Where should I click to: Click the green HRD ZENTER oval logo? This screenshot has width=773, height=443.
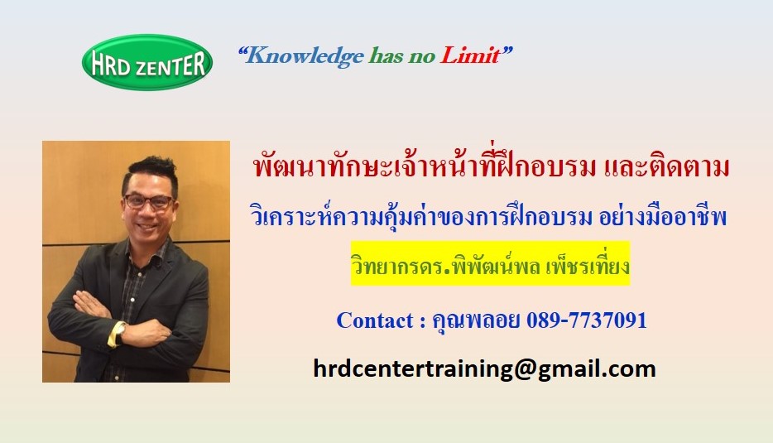coord(147,62)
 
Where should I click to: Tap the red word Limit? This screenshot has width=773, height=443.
coord(470,55)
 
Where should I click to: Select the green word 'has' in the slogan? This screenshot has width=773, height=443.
coord(386,55)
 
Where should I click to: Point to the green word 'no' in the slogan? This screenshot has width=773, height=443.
coord(421,58)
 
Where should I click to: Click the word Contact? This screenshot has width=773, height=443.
coord(375,320)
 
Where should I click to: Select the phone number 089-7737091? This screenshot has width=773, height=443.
coord(587,320)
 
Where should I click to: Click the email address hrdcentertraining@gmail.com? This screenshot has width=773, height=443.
coord(485,369)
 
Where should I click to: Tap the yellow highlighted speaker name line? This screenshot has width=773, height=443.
coord(491,263)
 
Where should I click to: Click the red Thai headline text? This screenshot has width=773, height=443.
coord(491,166)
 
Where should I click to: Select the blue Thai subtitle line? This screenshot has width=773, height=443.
coord(488,217)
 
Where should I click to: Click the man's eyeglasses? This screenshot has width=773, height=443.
coord(148,201)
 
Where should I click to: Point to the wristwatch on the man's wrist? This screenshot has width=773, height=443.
coord(119,334)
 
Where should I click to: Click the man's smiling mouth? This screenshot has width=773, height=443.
coord(147,227)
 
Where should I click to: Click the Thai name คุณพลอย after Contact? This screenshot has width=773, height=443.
coord(476,321)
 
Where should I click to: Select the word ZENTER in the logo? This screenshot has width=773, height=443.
coord(170,65)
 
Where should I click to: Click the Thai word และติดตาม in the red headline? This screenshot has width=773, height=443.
coord(666,167)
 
